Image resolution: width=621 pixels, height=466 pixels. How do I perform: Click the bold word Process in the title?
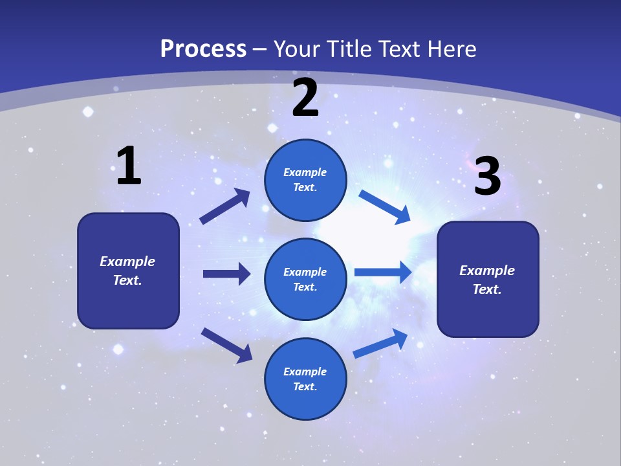(203, 49)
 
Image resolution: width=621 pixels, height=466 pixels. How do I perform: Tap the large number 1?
(129, 166)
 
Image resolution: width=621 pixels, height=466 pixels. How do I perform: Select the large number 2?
(305, 98)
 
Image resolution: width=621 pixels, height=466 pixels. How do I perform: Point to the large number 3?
(487, 177)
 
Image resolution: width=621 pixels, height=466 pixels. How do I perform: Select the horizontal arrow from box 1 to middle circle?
(226, 274)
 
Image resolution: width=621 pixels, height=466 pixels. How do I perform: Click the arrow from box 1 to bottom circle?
(226, 345)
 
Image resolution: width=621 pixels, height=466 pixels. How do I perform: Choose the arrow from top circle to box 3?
(384, 207)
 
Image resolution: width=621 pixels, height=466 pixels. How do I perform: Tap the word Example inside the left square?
(127, 261)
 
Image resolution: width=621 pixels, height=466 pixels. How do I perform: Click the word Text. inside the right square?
(487, 289)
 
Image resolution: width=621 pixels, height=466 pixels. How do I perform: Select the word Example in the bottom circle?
(305, 372)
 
